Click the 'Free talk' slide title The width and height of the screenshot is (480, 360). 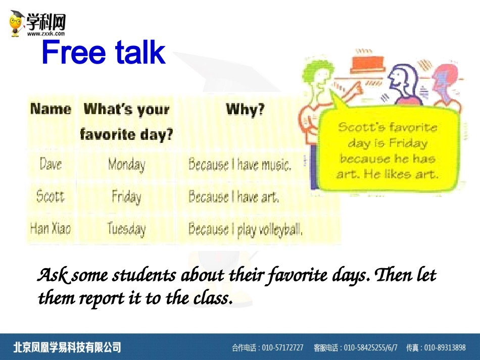[x=104, y=52]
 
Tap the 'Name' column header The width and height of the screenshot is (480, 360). [x=51, y=109]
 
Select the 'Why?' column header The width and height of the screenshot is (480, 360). [x=245, y=109]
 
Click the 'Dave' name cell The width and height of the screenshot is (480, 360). [x=51, y=164]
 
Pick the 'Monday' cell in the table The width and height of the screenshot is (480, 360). [x=127, y=165]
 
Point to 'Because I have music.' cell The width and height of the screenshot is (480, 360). [x=239, y=164]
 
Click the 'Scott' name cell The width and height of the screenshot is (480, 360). [x=51, y=196]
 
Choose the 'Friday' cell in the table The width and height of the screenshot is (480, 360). [x=127, y=197]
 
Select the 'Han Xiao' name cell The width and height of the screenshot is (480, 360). [x=51, y=228]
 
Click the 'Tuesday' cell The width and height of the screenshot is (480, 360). [x=126, y=229]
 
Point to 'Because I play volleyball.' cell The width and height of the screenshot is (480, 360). [x=246, y=229]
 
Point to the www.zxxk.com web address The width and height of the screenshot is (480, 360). [x=46, y=33]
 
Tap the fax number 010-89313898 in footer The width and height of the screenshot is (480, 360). [x=445, y=347]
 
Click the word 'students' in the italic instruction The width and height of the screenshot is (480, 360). [x=144, y=275]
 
